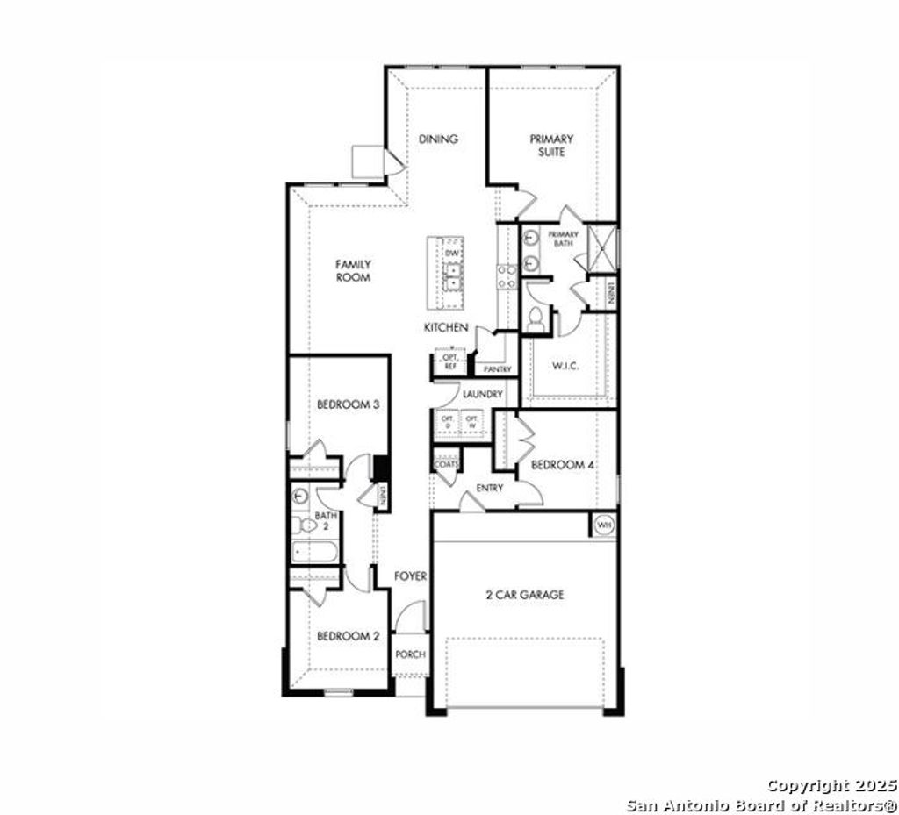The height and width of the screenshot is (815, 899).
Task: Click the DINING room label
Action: [438, 139]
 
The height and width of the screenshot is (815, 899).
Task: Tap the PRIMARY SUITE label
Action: [551, 145]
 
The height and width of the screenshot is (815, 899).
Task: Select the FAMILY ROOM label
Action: [353, 270]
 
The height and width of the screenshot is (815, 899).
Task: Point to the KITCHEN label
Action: [446, 327]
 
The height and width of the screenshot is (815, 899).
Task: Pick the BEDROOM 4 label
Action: [564, 464]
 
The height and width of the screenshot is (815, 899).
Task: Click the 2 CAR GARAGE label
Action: [525, 594]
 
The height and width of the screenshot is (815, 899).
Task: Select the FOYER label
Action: [410, 576]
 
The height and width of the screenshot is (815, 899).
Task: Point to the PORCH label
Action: [410, 654]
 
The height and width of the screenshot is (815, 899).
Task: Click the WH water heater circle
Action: [603, 525]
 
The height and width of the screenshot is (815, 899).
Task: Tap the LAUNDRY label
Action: [482, 394]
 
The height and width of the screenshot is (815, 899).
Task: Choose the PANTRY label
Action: [497, 369]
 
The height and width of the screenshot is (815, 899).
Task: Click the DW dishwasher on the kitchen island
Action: [453, 254]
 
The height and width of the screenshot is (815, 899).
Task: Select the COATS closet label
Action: [446, 464]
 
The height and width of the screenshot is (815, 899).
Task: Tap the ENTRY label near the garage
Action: [489, 488]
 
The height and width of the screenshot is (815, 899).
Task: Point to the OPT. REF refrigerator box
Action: [449, 361]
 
